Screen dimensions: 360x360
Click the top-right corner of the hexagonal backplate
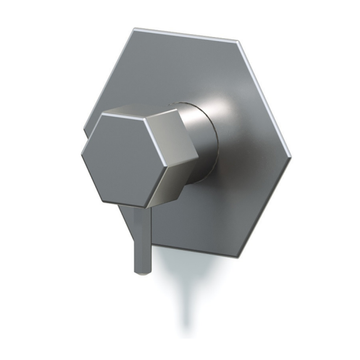[x=237, y=41]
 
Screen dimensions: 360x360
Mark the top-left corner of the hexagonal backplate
[x=134, y=29]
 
